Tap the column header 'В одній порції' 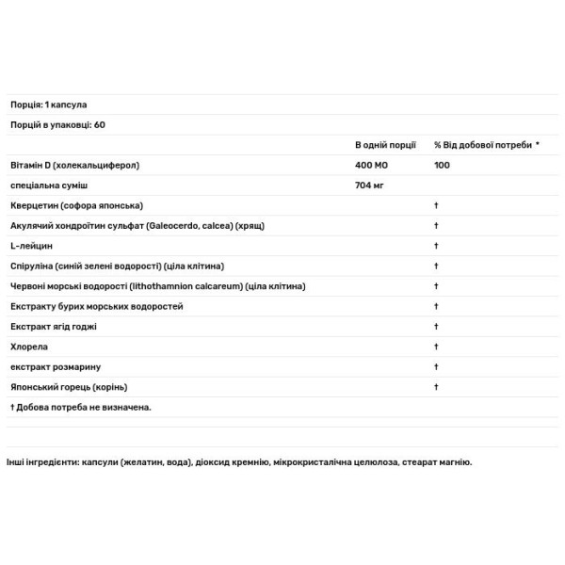385,145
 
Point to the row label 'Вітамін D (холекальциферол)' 74,165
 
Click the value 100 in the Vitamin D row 442,165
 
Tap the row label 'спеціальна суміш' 48,186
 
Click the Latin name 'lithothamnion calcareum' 191,286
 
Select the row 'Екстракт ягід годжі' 54,327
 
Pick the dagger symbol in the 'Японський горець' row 437,387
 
